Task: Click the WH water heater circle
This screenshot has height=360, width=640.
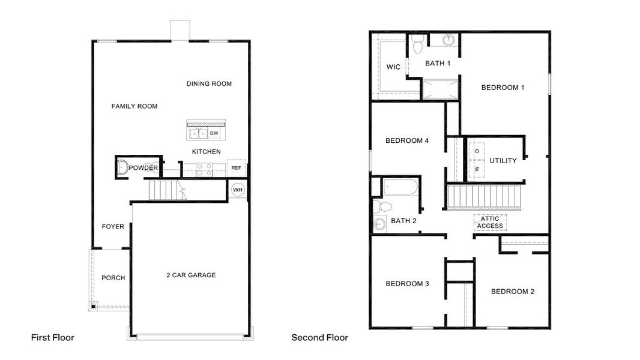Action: [238, 190]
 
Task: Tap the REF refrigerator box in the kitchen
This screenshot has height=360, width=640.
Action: [236, 169]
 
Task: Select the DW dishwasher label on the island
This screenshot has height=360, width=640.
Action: [214, 133]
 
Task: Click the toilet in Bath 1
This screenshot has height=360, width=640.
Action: [418, 43]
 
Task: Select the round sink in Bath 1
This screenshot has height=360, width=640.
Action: [449, 41]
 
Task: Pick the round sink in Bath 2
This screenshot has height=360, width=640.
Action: [379, 224]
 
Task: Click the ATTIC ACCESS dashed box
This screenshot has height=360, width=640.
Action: [490, 223]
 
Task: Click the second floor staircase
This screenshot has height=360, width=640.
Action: [485, 197]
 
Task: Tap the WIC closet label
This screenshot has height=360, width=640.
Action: [393, 67]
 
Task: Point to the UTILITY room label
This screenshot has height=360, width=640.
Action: [503, 161]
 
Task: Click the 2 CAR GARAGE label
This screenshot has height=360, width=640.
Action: [191, 275]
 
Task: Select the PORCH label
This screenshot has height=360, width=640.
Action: [113, 278]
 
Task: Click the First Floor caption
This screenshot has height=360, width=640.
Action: [53, 338]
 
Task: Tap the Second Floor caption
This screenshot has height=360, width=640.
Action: [319, 338]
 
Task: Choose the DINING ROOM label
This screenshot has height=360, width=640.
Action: [209, 84]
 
